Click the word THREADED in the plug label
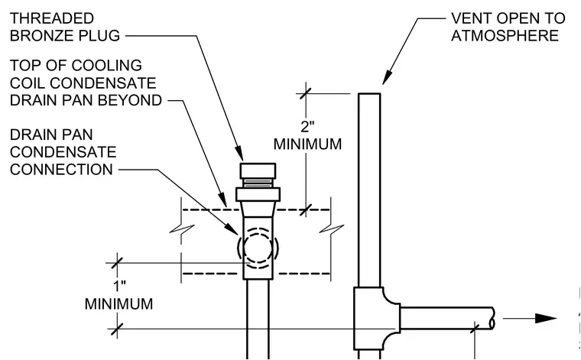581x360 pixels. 52,18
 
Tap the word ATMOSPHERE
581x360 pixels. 505,36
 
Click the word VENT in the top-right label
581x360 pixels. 471,18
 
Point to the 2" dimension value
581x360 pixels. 307,127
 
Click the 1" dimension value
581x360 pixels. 120,287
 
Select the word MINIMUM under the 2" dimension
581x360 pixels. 307,144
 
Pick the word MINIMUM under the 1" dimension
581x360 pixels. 119,304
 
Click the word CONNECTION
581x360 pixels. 61,170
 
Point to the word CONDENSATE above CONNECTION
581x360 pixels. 63,152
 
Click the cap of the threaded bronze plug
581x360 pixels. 258,170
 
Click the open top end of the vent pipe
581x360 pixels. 369,94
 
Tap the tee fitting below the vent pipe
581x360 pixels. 375,319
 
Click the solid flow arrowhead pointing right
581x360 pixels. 546,318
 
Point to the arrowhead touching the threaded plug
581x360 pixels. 240,154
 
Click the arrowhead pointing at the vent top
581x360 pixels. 388,78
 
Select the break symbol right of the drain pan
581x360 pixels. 332,229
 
